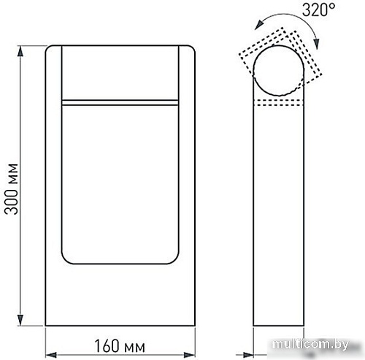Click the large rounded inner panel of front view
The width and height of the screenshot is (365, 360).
tap(120, 183)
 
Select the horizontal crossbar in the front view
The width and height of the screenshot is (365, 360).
tap(120, 101)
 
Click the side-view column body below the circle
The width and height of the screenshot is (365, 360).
tap(280, 219)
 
